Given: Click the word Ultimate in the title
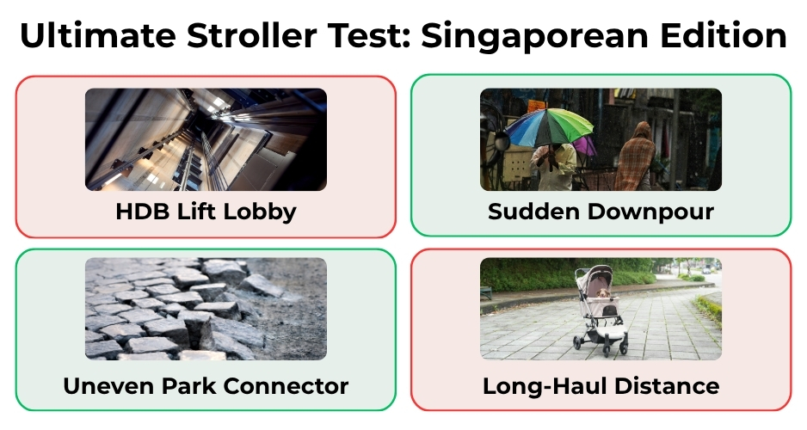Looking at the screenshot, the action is coord(98,35).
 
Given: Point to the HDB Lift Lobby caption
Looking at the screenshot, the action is coord(206,212).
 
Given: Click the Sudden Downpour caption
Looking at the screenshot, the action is coord(601,212).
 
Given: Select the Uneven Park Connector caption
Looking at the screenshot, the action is coord(206,386).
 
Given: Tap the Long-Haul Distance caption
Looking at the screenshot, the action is coord(601,386).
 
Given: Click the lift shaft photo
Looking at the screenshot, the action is coord(206,139).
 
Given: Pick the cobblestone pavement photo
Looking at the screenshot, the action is coord(206,309).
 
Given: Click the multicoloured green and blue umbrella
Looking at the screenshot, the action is coord(549,127).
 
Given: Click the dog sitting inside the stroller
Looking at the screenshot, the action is coord(603,294).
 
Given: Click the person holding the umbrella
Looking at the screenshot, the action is coord(554,166).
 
